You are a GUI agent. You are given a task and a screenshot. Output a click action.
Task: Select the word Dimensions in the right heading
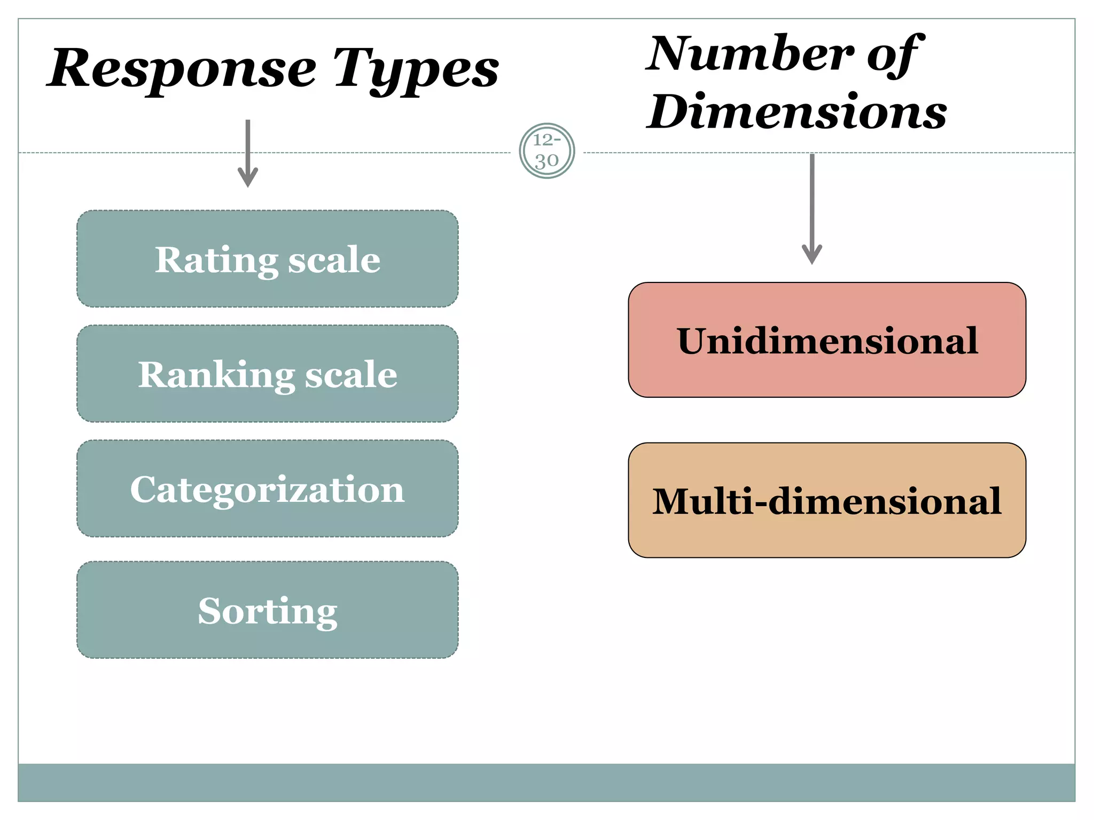[x=796, y=112]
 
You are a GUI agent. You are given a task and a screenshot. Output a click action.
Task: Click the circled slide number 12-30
[x=546, y=151]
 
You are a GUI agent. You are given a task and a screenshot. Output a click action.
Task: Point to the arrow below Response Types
[x=248, y=153]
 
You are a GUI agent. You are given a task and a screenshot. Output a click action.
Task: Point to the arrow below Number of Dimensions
[x=812, y=208]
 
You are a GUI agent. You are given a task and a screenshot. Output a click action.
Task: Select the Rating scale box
[x=267, y=258]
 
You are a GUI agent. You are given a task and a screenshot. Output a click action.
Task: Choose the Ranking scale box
[x=267, y=373]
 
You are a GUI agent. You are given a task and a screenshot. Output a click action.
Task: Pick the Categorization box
[x=267, y=488]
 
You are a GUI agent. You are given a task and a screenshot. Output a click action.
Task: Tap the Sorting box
[x=267, y=609]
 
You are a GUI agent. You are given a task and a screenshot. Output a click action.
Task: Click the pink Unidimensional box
[x=826, y=340]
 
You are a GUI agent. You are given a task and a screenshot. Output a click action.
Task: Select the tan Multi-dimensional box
[x=826, y=500]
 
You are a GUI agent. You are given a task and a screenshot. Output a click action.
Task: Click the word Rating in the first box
[x=216, y=260]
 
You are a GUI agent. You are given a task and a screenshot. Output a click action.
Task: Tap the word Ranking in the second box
[x=216, y=375]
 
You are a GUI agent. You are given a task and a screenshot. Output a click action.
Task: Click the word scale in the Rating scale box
[x=334, y=260]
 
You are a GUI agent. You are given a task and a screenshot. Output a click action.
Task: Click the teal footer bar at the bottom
[x=546, y=782]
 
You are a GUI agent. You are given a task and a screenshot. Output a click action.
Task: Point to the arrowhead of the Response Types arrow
[x=248, y=179]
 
